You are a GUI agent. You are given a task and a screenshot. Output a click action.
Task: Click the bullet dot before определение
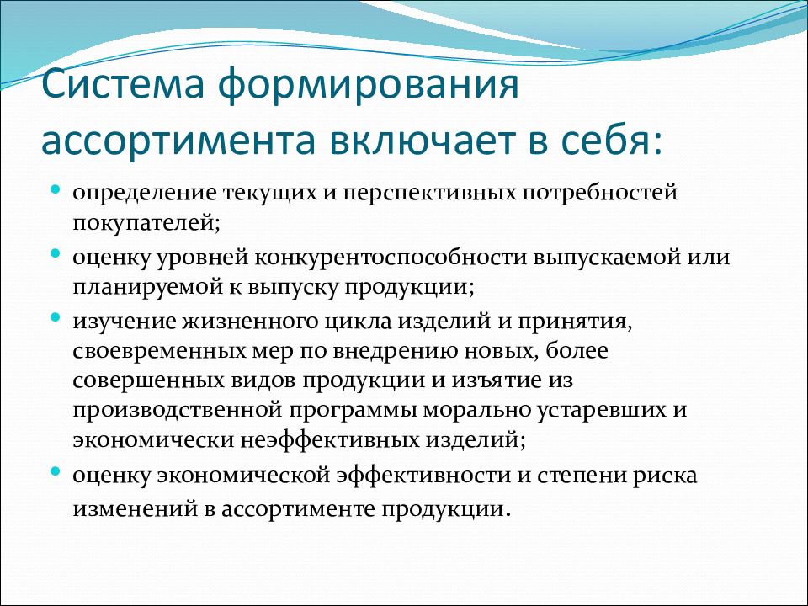coord(56,190)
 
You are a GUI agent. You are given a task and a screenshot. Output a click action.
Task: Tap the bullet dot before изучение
coord(56,317)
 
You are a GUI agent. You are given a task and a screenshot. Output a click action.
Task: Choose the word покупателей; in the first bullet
coord(146,223)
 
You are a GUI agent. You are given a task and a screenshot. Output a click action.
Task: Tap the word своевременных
coord(159,352)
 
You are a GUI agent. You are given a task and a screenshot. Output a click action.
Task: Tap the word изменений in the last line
coord(136,509)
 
